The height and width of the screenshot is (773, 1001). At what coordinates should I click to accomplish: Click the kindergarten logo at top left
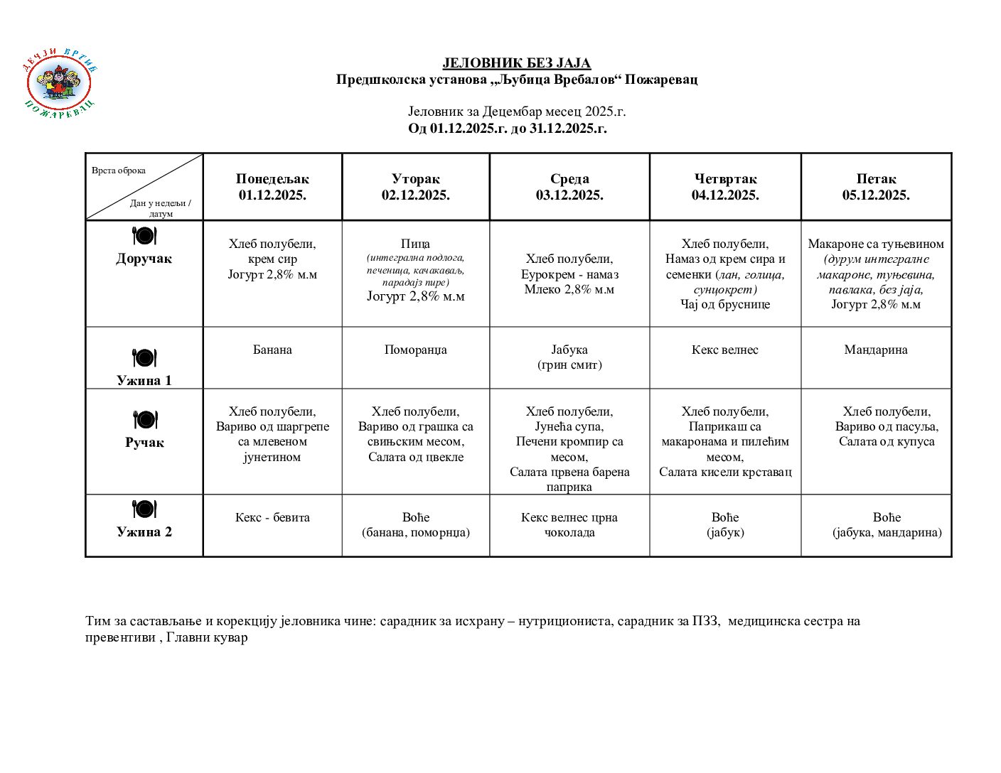(60, 84)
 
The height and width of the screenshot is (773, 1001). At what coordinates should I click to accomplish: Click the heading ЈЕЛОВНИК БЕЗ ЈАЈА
(516, 63)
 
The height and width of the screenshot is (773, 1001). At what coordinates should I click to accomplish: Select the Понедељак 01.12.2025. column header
(272, 187)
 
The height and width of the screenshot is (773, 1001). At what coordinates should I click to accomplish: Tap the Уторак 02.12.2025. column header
(415, 187)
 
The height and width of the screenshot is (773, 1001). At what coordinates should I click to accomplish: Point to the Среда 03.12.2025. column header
(569, 187)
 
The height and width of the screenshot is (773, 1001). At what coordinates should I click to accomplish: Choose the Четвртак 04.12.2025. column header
(725, 187)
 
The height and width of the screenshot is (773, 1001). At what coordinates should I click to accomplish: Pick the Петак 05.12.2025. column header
(876, 187)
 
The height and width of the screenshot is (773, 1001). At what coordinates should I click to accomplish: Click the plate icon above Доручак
(144, 236)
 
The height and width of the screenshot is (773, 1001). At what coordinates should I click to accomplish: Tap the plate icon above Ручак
(144, 420)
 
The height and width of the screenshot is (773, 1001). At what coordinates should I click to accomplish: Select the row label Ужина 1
(144, 380)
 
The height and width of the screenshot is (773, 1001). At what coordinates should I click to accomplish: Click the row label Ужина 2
(144, 531)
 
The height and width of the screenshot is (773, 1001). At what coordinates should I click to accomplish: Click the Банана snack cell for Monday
(272, 350)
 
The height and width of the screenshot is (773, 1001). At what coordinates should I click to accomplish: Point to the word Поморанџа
(415, 350)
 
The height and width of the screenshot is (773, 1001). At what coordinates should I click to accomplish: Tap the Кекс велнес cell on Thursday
(725, 350)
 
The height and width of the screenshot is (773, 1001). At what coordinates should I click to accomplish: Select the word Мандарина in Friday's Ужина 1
(876, 350)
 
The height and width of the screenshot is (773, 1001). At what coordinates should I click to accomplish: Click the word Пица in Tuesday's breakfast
(415, 244)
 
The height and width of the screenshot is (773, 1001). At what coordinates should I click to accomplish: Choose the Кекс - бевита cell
(272, 517)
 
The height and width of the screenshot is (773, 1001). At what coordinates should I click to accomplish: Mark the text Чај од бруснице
(725, 304)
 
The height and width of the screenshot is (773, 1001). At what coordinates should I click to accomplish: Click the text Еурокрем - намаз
(569, 274)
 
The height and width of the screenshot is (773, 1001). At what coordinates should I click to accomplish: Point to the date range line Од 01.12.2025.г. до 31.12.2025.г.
(507, 129)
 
